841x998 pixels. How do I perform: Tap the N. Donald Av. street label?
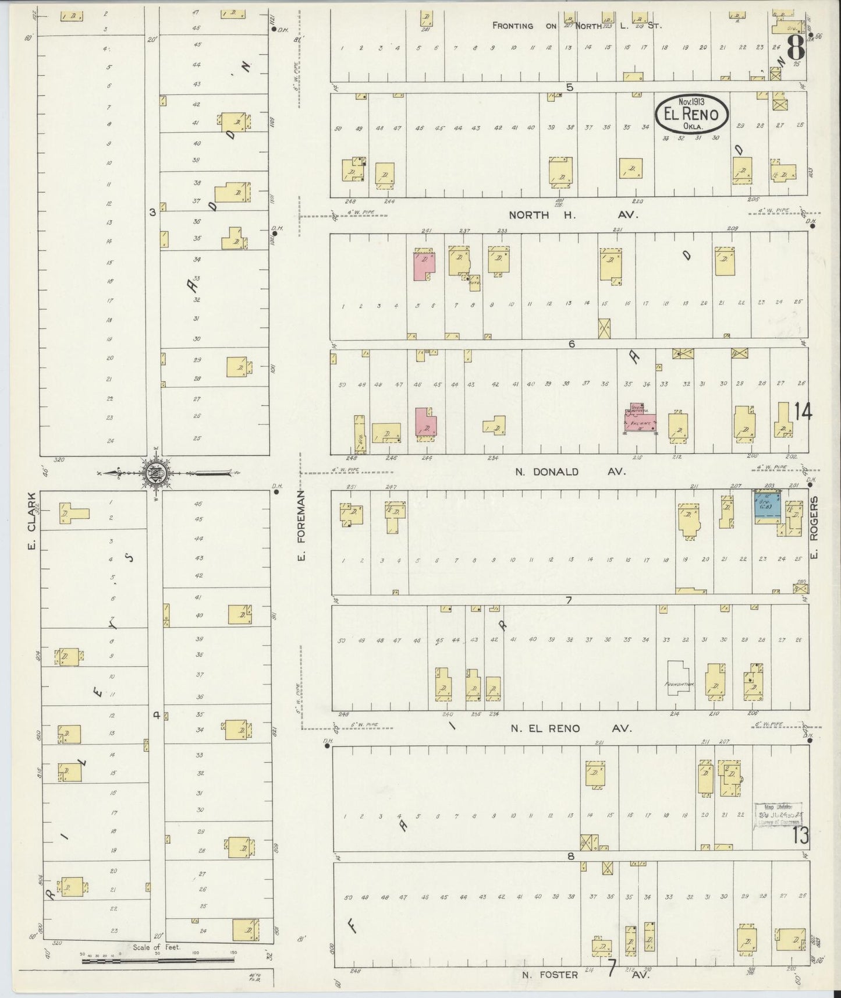coord(570,472)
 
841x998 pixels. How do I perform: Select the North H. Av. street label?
coord(573,215)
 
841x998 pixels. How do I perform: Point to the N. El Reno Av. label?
coord(571,728)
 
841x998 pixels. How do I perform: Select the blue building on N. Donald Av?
coord(767,507)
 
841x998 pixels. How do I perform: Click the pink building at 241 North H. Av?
coord(424,266)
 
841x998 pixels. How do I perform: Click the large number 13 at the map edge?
coord(800,836)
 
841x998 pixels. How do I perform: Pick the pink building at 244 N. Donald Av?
coord(425,421)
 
